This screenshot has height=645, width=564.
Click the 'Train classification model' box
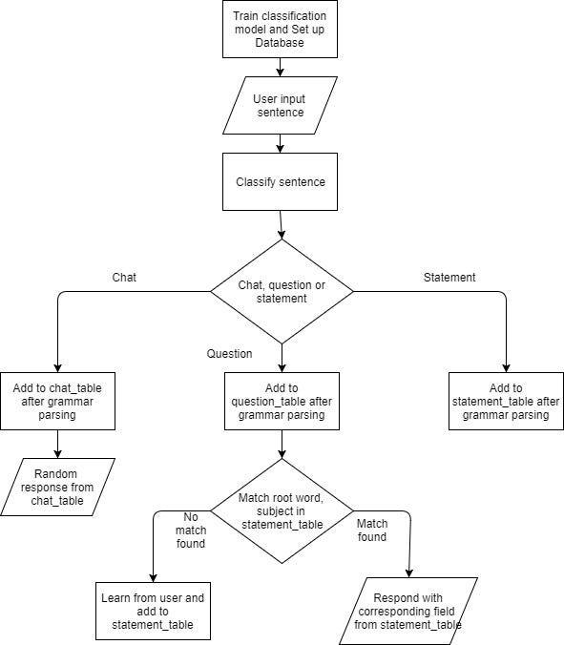tap(279, 29)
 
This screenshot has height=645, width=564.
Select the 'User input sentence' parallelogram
tap(279, 106)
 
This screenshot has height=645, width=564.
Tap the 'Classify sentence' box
tap(279, 181)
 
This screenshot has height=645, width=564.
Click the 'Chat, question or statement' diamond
tap(282, 290)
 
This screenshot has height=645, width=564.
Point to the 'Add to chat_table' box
tap(57, 401)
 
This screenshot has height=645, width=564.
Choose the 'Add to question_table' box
tap(282, 401)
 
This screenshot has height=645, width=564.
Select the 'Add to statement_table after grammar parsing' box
tap(506, 401)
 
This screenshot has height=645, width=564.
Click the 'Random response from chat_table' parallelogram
tap(58, 487)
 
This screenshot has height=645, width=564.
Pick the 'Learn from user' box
tap(153, 611)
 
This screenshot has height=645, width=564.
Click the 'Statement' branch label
tap(449, 277)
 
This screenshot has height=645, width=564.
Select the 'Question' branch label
tap(230, 354)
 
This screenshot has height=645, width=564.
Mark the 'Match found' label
tap(372, 531)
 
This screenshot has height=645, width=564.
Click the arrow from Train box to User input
tap(280, 67)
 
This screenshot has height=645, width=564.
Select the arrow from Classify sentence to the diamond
tap(281, 224)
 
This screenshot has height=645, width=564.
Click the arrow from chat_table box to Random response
tap(58, 444)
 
